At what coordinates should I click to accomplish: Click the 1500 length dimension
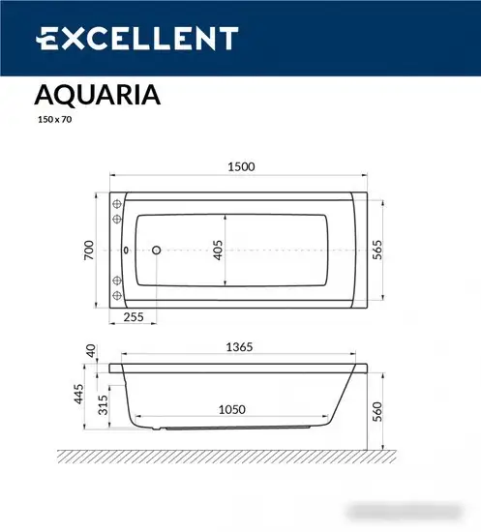(241, 166)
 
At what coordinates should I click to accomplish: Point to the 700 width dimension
(89, 251)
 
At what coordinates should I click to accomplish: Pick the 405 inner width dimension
(219, 251)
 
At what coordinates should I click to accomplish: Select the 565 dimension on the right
(380, 251)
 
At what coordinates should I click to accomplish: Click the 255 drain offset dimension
(135, 316)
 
